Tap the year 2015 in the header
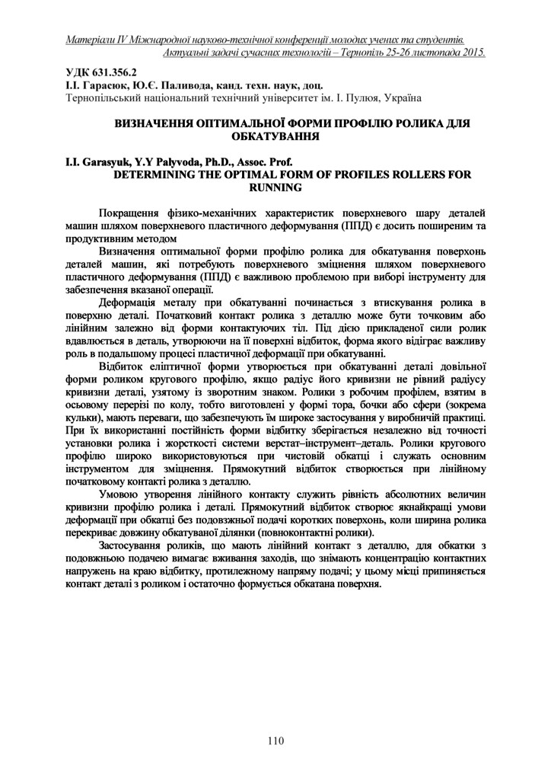point(473,53)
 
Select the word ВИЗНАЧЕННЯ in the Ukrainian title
point(156,123)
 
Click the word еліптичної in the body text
point(167,367)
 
